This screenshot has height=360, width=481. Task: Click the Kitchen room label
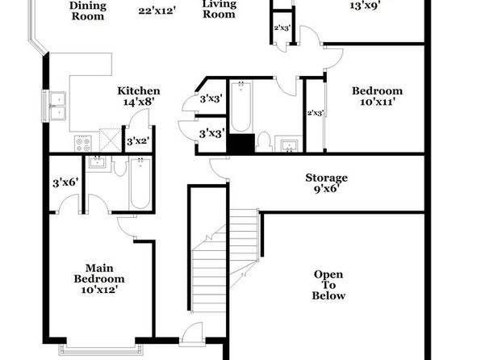139,91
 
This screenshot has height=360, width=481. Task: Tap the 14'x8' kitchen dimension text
138,102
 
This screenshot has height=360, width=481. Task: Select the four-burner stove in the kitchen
83,144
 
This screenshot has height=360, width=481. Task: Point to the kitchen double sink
56,106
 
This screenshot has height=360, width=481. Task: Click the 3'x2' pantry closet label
138,141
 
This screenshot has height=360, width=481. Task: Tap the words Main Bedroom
99,274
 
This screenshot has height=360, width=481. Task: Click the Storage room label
326,178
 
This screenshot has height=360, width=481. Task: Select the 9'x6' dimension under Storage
326,188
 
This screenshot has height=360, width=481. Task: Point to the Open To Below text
328,285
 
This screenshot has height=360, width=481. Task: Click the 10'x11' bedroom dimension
377,102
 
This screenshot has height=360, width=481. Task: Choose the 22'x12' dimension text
157,11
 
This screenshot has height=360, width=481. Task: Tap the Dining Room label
88,10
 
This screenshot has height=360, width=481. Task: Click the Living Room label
219,9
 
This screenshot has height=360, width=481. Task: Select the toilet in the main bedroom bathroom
120,166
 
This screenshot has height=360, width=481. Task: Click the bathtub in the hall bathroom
240,107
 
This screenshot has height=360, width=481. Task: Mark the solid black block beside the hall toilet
240,143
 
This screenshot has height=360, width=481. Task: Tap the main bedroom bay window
101,349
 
